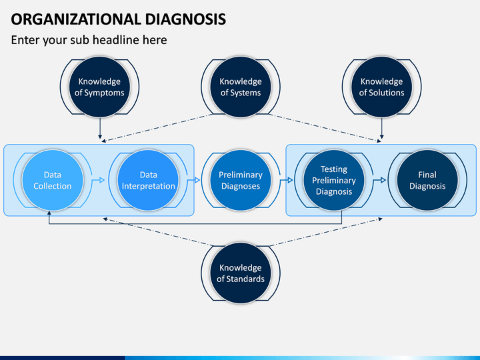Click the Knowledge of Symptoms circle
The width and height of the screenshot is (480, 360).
click(x=99, y=87)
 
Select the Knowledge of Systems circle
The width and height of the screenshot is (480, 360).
click(x=241, y=87)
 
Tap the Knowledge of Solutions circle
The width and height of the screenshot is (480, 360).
click(x=382, y=87)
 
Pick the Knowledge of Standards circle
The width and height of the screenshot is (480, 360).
click(x=241, y=273)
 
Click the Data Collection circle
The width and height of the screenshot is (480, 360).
click(x=53, y=180)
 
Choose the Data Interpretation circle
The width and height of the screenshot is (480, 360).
click(x=148, y=180)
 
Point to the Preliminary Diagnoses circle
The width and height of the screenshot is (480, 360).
click(x=241, y=180)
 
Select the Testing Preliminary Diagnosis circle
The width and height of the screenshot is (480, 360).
click(x=334, y=180)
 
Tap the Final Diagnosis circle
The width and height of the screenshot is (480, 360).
click(x=427, y=180)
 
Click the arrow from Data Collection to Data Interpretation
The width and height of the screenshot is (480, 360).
click(x=98, y=180)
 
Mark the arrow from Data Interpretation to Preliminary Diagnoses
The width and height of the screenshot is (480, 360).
click(x=193, y=180)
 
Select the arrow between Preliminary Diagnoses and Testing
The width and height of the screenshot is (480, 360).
click(x=287, y=180)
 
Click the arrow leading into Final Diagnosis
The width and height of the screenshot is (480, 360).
click(x=379, y=180)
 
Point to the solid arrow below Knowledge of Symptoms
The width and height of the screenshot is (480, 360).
click(x=100, y=128)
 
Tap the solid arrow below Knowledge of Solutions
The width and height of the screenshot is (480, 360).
click(x=382, y=128)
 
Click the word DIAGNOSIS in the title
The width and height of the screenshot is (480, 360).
click(x=185, y=19)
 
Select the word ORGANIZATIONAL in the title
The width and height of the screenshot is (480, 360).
click(x=76, y=19)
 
